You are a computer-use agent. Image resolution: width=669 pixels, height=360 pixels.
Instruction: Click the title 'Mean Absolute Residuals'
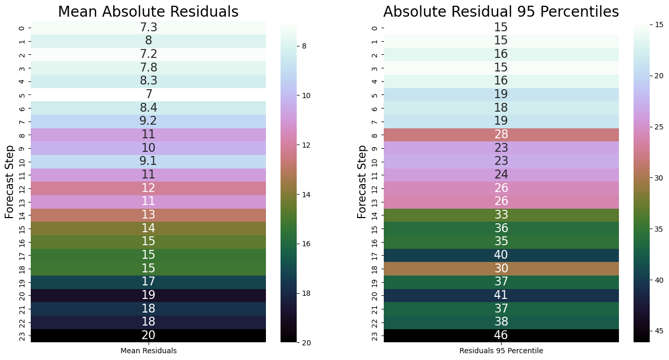click(x=148, y=11)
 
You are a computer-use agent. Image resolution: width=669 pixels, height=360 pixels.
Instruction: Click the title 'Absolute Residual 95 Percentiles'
click(x=501, y=11)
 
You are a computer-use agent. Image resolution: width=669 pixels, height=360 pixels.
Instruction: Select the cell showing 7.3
click(x=148, y=28)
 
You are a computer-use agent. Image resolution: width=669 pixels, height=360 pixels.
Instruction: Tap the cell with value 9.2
click(x=148, y=122)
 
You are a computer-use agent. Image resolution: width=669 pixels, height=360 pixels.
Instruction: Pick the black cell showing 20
click(x=148, y=335)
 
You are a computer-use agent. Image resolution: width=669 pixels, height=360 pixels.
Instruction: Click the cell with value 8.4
click(x=148, y=108)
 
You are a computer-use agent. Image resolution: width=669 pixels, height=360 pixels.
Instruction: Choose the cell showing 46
click(x=501, y=335)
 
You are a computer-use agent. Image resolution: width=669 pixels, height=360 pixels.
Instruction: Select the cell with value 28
click(x=501, y=135)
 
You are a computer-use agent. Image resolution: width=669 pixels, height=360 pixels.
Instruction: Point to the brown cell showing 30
click(x=501, y=269)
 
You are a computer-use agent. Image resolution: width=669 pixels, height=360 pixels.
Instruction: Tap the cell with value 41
click(x=501, y=295)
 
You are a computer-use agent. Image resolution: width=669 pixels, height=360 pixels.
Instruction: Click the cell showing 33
click(x=501, y=215)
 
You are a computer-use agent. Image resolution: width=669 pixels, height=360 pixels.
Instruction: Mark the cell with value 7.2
click(x=148, y=54)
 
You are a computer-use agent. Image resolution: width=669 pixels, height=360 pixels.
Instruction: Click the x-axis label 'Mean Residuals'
click(x=148, y=351)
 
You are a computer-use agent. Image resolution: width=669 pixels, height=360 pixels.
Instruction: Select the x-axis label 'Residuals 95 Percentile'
click(x=501, y=351)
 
